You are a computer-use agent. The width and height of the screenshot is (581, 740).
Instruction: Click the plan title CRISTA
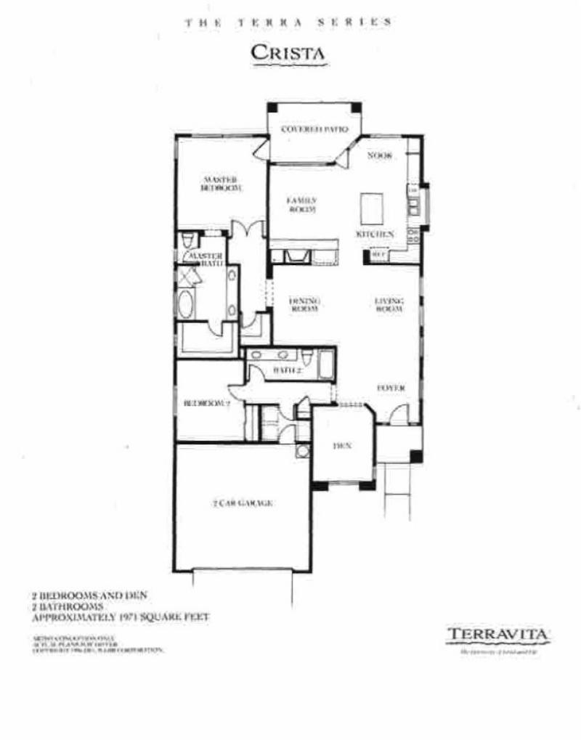tap(288, 53)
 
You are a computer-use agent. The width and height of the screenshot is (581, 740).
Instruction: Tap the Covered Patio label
tap(310, 131)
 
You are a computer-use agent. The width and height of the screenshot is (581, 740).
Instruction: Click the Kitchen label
tap(375, 235)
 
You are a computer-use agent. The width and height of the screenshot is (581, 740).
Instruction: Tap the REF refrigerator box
tap(378, 255)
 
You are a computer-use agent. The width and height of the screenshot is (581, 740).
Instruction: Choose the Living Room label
tap(389, 303)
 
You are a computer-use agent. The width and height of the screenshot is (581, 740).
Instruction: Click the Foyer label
tap(390, 388)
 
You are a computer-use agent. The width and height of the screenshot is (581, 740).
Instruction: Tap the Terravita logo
tap(498, 635)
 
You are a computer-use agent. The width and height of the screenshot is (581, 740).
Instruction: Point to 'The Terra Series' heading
tap(288, 23)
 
